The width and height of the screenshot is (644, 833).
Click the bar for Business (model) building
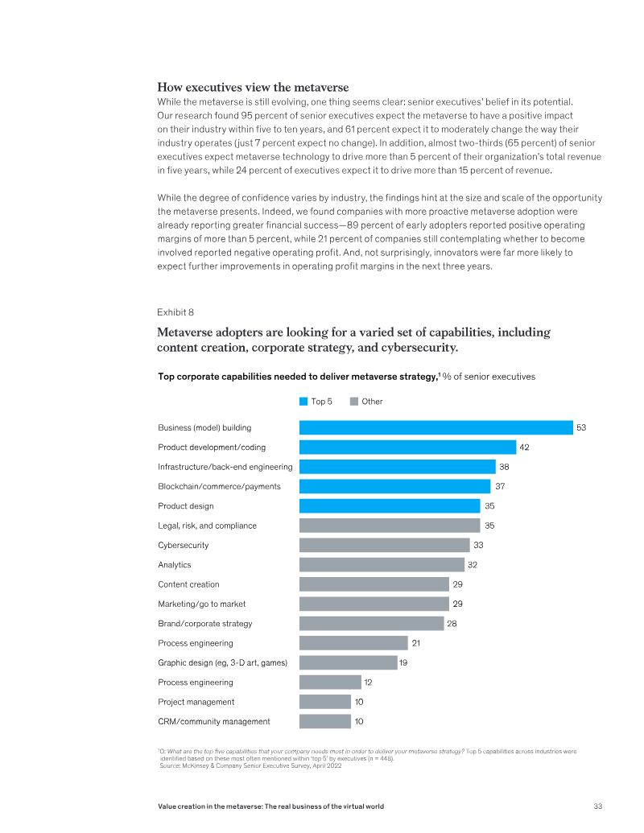(x=436, y=427)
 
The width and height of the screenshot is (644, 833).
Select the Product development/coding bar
(x=407, y=447)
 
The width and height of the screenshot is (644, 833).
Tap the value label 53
(x=580, y=427)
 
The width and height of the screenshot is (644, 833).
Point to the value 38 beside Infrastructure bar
(x=504, y=467)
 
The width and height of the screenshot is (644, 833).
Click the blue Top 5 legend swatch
(x=303, y=402)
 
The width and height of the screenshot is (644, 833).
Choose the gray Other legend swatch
(x=354, y=402)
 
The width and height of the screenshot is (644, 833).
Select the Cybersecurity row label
(x=183, y=545)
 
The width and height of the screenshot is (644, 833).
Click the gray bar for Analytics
(x=382, y=565)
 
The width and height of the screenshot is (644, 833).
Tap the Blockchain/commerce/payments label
(x=219, y=486)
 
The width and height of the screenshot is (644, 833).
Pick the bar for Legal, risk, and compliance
(x=390, y=526)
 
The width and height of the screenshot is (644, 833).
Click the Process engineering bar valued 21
(x=353, y=643)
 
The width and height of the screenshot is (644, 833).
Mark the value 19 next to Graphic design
(x=404, y=662)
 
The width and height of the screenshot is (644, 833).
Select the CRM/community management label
(x=213, y=721)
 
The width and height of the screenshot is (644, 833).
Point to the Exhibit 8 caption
(x=175, y=311)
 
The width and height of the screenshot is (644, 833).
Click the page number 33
(x=597, y=806)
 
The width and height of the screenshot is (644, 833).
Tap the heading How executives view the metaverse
(x=253, y=87)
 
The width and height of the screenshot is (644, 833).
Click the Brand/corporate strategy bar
(x=371, y=624)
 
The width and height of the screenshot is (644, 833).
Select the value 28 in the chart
(x=452, y=624)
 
